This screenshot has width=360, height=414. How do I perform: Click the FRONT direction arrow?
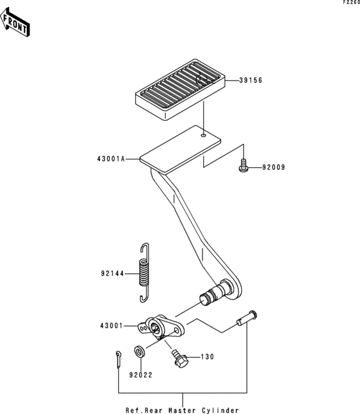(15, 22)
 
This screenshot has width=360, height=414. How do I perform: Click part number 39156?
(251, 80)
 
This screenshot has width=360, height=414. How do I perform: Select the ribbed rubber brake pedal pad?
(180, 89)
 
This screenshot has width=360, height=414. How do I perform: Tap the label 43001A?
(111, 159)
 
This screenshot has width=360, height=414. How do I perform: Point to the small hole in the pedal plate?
(203, 135)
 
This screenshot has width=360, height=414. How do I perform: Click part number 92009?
(274, 167)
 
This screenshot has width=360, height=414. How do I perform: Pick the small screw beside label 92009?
(243, 165)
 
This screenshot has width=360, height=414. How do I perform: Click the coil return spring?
(144, 273)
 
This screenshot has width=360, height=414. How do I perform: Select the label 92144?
(113, 274)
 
